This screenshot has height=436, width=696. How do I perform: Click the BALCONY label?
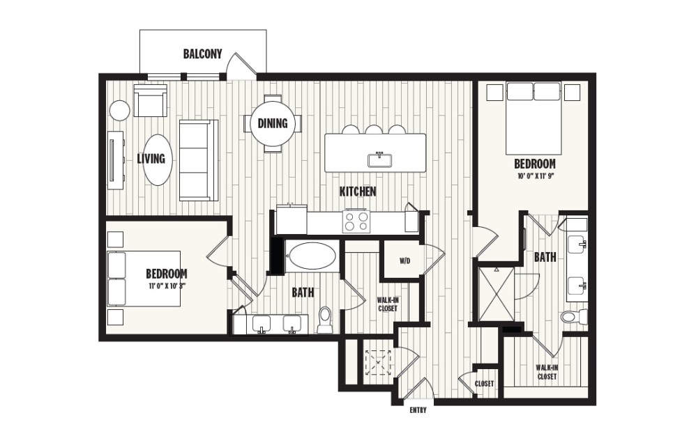(x=203, y=54)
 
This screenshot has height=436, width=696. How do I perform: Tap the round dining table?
(x=273, y=124)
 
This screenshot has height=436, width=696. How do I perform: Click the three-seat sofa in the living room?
(x=198, y=160)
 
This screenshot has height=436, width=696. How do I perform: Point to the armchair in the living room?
(x=151, y=102)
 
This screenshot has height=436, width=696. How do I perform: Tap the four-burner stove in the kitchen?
(x=356, y=221)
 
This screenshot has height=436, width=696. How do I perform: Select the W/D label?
(x=404, y=262)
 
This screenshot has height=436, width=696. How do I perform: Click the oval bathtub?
(x=312, y=256)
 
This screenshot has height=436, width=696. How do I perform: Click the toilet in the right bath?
(x=573, y=318)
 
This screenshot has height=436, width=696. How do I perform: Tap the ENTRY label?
(x=417, y=410)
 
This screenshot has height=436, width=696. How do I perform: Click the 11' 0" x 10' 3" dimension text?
(x=166, y=285)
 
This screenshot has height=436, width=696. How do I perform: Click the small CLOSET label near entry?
(x=485, y=384)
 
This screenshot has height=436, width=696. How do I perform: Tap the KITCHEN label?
(x=358, y=191)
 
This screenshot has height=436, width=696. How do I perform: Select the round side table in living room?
(x=119, y=110)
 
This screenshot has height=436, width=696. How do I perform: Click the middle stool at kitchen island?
(x=375, y=130)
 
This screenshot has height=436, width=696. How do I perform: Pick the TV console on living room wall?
(x=115, y=159)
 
